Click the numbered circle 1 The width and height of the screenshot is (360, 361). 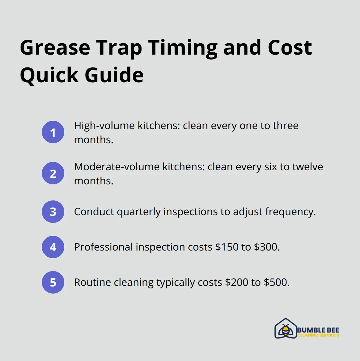click(x=53, y=132)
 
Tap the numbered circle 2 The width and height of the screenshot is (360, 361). click(x=53, y=173)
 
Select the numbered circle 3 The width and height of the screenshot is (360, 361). click(x=53, y=212)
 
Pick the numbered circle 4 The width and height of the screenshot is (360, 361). click(x=53, y=247)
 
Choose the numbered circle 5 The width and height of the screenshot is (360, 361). click(x=53, y=282)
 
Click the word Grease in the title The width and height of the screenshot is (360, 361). click(x=55, y=48)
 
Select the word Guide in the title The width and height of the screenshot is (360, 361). click(x=114, y=75)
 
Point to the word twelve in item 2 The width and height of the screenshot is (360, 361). click(x=308, y=167)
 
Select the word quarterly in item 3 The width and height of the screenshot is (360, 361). click(x=139, y=212)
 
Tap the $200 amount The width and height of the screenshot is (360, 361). click(x=237, y=282)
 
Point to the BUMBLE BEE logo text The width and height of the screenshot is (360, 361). click(x=318, y=330)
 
